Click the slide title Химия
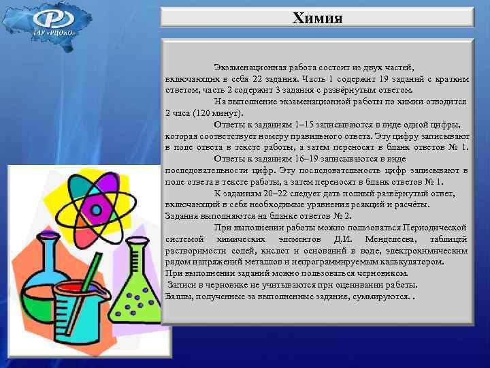pos(317,16)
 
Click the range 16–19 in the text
pos(307,158)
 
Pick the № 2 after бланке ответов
pos(335,215)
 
